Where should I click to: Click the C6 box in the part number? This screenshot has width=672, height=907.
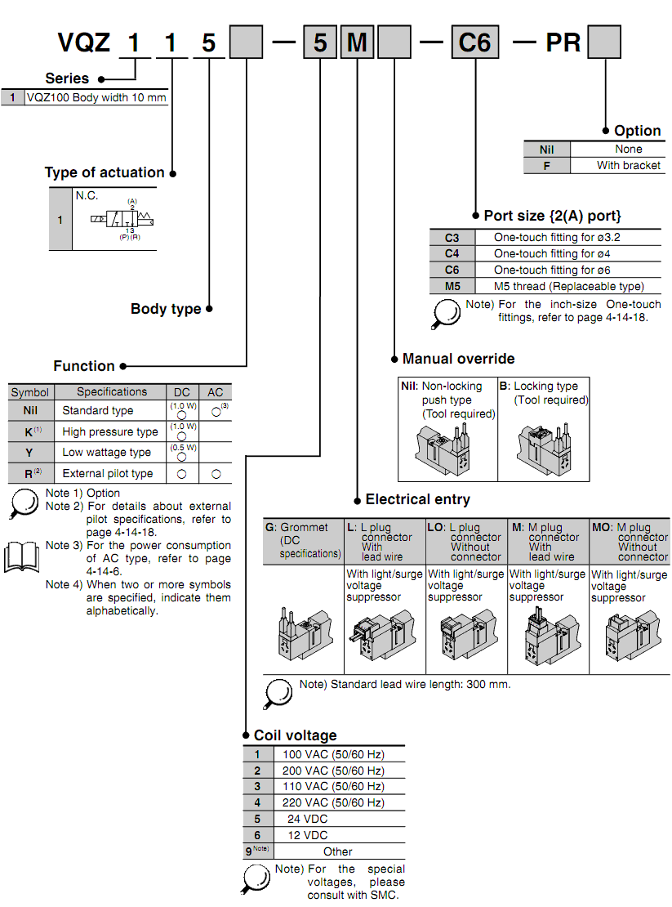pos(474,42)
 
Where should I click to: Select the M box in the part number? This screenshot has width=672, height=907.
pos(357,42)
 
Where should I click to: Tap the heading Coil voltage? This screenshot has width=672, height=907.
pos(295,735)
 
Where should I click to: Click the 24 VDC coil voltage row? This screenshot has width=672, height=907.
pos(307,819)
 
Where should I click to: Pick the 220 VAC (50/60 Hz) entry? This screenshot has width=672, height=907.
pos(333,802)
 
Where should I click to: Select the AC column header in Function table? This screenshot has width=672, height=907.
pos(215,392)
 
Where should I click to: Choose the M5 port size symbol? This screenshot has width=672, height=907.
pos(452,286)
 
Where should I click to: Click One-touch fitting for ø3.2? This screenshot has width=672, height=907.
pos(552,238)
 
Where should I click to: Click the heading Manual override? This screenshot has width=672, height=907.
pos(458,359)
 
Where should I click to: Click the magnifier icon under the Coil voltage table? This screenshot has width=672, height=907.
pos(258,878)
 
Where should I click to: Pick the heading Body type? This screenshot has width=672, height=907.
pos(166,309)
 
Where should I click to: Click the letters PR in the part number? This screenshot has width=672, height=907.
pos(563,42)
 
